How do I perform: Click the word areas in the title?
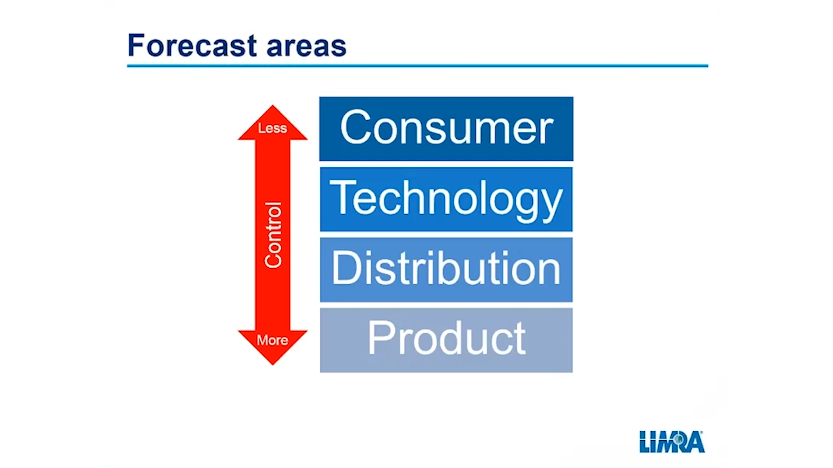(x=306, y=47)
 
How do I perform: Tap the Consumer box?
(x=446, y=129)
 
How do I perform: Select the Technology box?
(x=446, y=199)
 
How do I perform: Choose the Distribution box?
(x=446, y=270)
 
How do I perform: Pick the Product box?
(x=446, y=340)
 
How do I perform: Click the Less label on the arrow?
(x=272, y=128)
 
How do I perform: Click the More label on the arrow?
(x=272, y=340)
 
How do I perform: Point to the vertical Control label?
(x=273, y=235)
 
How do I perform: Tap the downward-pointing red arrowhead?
(x=272, y=347)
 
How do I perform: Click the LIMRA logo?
(x=672, y=442)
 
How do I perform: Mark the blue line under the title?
(x=417, y=66)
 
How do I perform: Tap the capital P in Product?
(x=382, y=338)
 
